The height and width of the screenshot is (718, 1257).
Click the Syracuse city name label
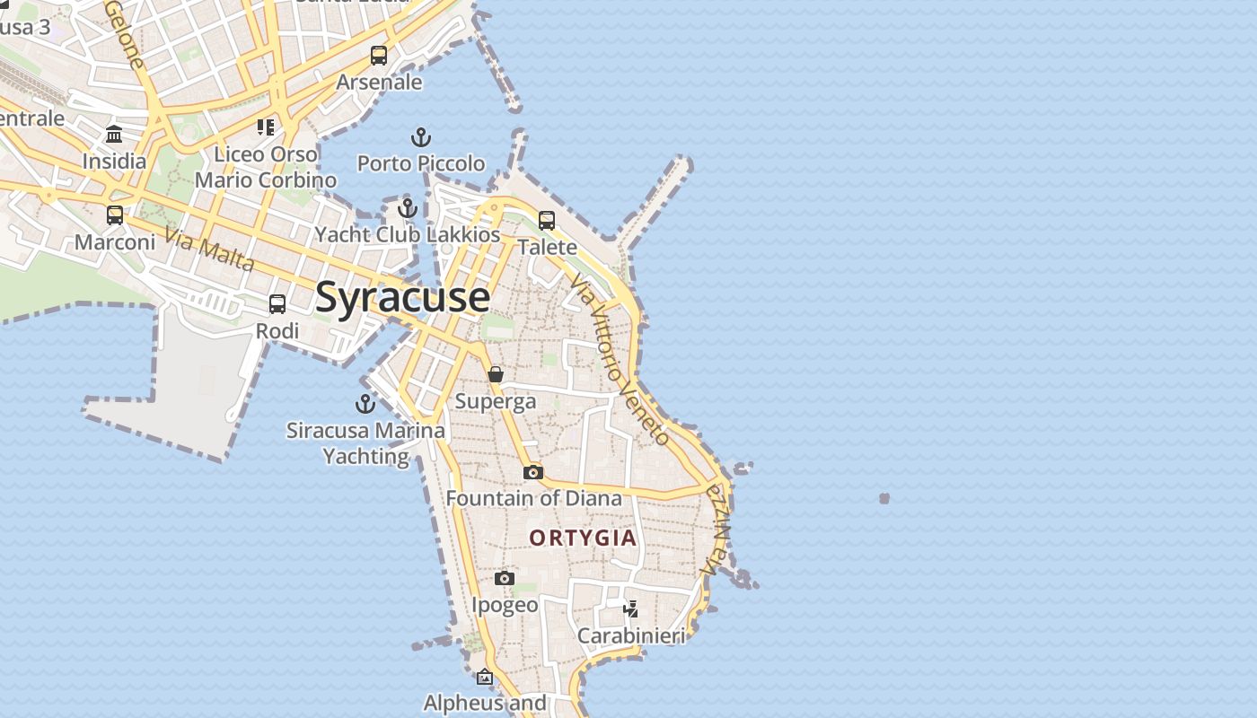coord(402,297)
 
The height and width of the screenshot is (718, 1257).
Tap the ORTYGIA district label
coord(583,538)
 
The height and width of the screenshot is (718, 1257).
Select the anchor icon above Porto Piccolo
coord(421,138)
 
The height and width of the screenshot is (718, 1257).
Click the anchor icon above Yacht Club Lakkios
coord(408,208)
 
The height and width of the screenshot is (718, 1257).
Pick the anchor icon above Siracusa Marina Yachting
coord(365,404)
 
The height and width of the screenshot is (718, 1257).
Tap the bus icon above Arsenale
coord(379,56)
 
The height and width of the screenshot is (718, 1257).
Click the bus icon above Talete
coord(547,221)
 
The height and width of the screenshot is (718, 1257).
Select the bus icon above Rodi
coord(277,304)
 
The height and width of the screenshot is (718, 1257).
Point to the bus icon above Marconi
coord(115,215)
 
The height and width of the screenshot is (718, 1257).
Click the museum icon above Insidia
coord(114,135)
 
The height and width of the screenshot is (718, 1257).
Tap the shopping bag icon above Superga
coord(496,374)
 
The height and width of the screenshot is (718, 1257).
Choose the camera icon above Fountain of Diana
coord(533,472)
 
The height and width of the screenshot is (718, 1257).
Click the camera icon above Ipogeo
coord(505,579)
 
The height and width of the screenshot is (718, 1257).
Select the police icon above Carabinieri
coord(631,609)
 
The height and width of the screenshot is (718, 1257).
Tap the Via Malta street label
coord(210,250)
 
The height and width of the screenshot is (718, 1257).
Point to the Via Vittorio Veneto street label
coord(620,359)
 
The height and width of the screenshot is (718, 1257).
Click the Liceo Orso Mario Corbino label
coord(266,167)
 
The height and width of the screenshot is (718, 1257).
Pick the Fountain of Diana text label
coord(533,498)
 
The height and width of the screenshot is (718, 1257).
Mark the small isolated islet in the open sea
coord(884,498)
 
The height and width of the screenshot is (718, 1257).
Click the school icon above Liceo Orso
coord(265,127)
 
